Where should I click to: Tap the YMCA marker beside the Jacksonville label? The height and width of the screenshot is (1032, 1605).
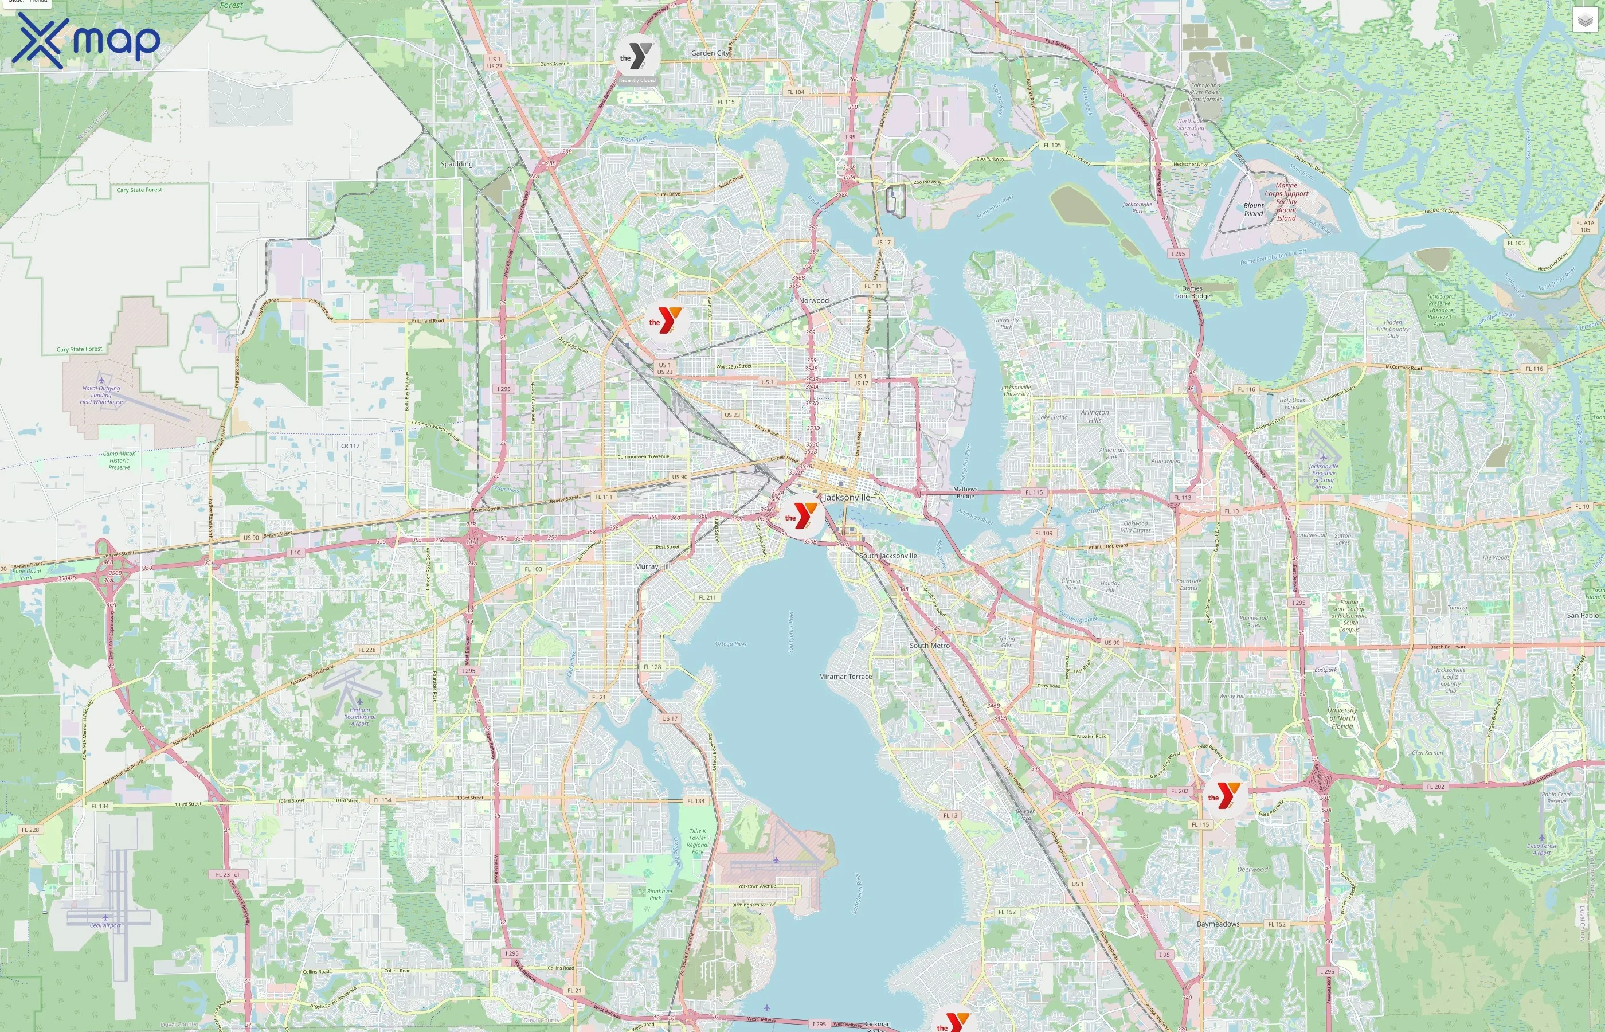click(x=801, y=516)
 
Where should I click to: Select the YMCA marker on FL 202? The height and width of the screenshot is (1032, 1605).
click(x=1224, y=795)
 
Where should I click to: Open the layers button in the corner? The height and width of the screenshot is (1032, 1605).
click(x=1584, y=20)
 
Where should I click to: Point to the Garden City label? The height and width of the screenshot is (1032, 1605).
click(x=710, y=53)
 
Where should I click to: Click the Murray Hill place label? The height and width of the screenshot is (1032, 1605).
click(x=652, y=566)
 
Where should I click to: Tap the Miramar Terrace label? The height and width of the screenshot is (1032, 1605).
click(x=845, y=676)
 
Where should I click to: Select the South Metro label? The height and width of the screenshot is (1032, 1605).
click(x=929, y=646)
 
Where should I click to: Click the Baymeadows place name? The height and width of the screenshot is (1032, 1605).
click(x=1218, y=924)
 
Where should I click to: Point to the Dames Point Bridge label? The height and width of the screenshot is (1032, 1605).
click(x=1192, y=292)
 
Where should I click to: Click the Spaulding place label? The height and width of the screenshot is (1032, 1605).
click(x=456, y=163)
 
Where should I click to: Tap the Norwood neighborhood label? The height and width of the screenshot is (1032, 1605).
click(x=814, y=300)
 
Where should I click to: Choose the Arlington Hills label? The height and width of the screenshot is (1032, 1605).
click(x=1095, y=416)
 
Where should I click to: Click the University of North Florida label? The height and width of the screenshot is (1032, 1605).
click(x=1342, y=718)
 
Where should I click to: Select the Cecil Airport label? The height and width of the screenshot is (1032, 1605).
click(x=105, y=925)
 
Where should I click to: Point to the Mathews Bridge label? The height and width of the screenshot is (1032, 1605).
click(x=965, y=492)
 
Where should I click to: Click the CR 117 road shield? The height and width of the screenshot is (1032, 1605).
click(x=350, y=445)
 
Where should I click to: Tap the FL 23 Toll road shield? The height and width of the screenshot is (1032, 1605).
click(x=228, y=874)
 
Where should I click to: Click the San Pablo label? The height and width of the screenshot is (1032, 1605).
click(x=1582, y=615)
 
